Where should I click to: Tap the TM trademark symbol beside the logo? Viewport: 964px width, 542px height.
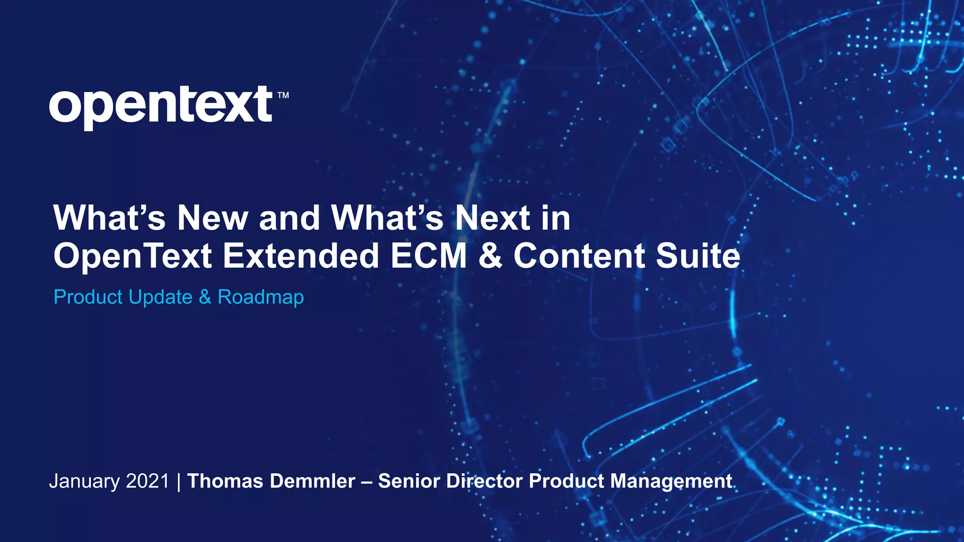tap(283, 96)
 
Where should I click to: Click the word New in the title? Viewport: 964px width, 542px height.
tap(212, 218)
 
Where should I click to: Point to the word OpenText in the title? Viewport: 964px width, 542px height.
tap(133, 256)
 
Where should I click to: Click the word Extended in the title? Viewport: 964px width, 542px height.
tap(301, 256)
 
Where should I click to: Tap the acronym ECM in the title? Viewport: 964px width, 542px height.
tap(429, 256)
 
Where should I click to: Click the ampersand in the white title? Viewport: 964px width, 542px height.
tap(490, 256)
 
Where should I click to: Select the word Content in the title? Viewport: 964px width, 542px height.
tap(579, 256)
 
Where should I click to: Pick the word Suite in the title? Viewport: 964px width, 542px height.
tap(698, 256)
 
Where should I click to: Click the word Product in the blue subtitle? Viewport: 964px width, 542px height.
tap(88, 297)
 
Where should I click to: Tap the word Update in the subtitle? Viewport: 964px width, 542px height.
tap(161, 297)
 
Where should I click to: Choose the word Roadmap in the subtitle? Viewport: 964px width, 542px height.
tap(261, 297)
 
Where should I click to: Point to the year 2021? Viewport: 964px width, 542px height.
tap(147, 481)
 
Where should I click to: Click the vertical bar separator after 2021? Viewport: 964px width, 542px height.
tap(179, 482)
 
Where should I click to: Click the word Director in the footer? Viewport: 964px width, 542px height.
tap(484, 481)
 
